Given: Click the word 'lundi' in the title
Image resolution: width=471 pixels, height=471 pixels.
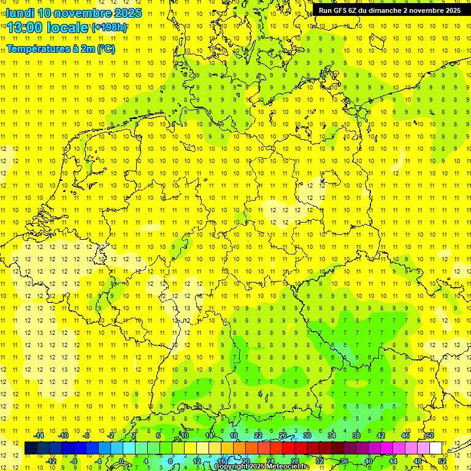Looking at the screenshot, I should click(x=20, y=13).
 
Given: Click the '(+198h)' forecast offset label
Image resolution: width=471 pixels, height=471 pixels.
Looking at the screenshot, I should click(x=109, y=28).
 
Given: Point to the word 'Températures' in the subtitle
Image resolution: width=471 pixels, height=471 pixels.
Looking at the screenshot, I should click(x=34, y=49).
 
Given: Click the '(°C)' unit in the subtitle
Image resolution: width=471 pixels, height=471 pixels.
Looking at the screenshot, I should click(x=105, y=49).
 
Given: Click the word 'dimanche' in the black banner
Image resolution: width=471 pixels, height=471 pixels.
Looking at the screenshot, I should click(x=381, y=10).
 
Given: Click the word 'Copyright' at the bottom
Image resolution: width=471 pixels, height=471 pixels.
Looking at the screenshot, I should click(x=231, y=467).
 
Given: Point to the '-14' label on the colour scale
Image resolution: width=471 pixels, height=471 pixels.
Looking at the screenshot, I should click(x=39, y=435).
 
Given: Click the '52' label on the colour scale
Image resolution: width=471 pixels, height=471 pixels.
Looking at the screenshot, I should click(x=443, y=461).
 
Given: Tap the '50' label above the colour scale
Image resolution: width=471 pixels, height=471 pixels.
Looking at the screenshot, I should click(x=430, y=435).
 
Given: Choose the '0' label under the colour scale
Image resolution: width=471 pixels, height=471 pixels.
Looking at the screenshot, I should click(x=121, y=461).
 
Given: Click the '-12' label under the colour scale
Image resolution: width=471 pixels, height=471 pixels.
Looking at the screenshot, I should click(x=52, y=461).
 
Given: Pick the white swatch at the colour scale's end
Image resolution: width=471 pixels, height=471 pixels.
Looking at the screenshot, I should click(x=436, y=448).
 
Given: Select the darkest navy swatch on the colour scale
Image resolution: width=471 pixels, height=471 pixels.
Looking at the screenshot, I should click(x=31, y=448).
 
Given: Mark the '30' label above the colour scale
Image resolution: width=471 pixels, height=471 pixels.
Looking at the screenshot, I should click(x=307, y=435).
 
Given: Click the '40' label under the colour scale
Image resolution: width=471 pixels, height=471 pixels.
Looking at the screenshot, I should click(x=369, y=461).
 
